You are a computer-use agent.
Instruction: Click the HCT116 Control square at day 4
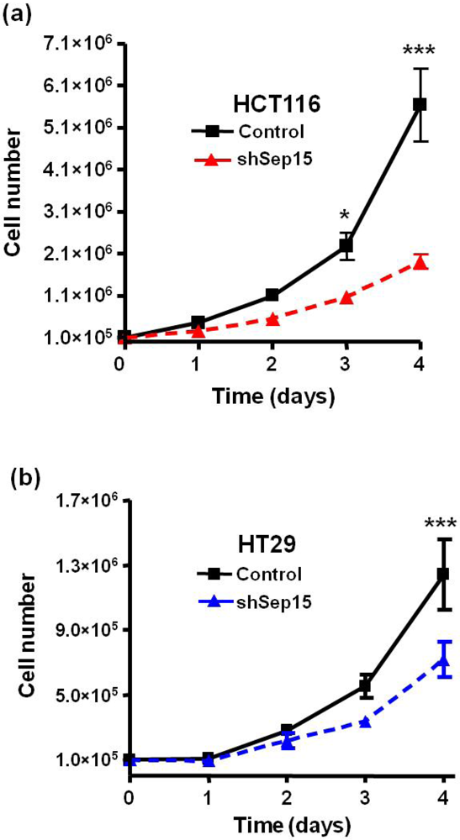point(420,104)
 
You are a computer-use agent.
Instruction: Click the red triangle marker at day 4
point(420,263)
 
